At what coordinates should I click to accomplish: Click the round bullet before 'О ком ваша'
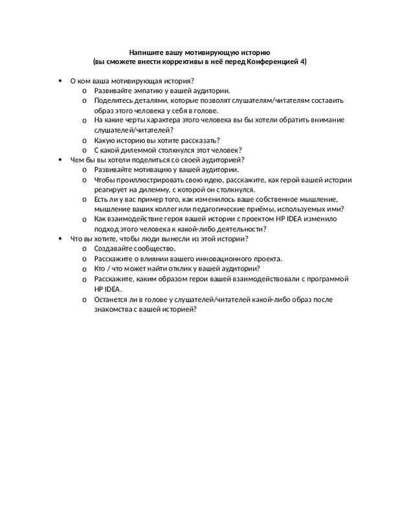coord(60,81)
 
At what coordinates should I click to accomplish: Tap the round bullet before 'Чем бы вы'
coord(60,159)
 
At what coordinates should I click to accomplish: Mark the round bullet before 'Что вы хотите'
coord(60,238)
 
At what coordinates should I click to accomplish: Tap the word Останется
coord(113,300)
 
